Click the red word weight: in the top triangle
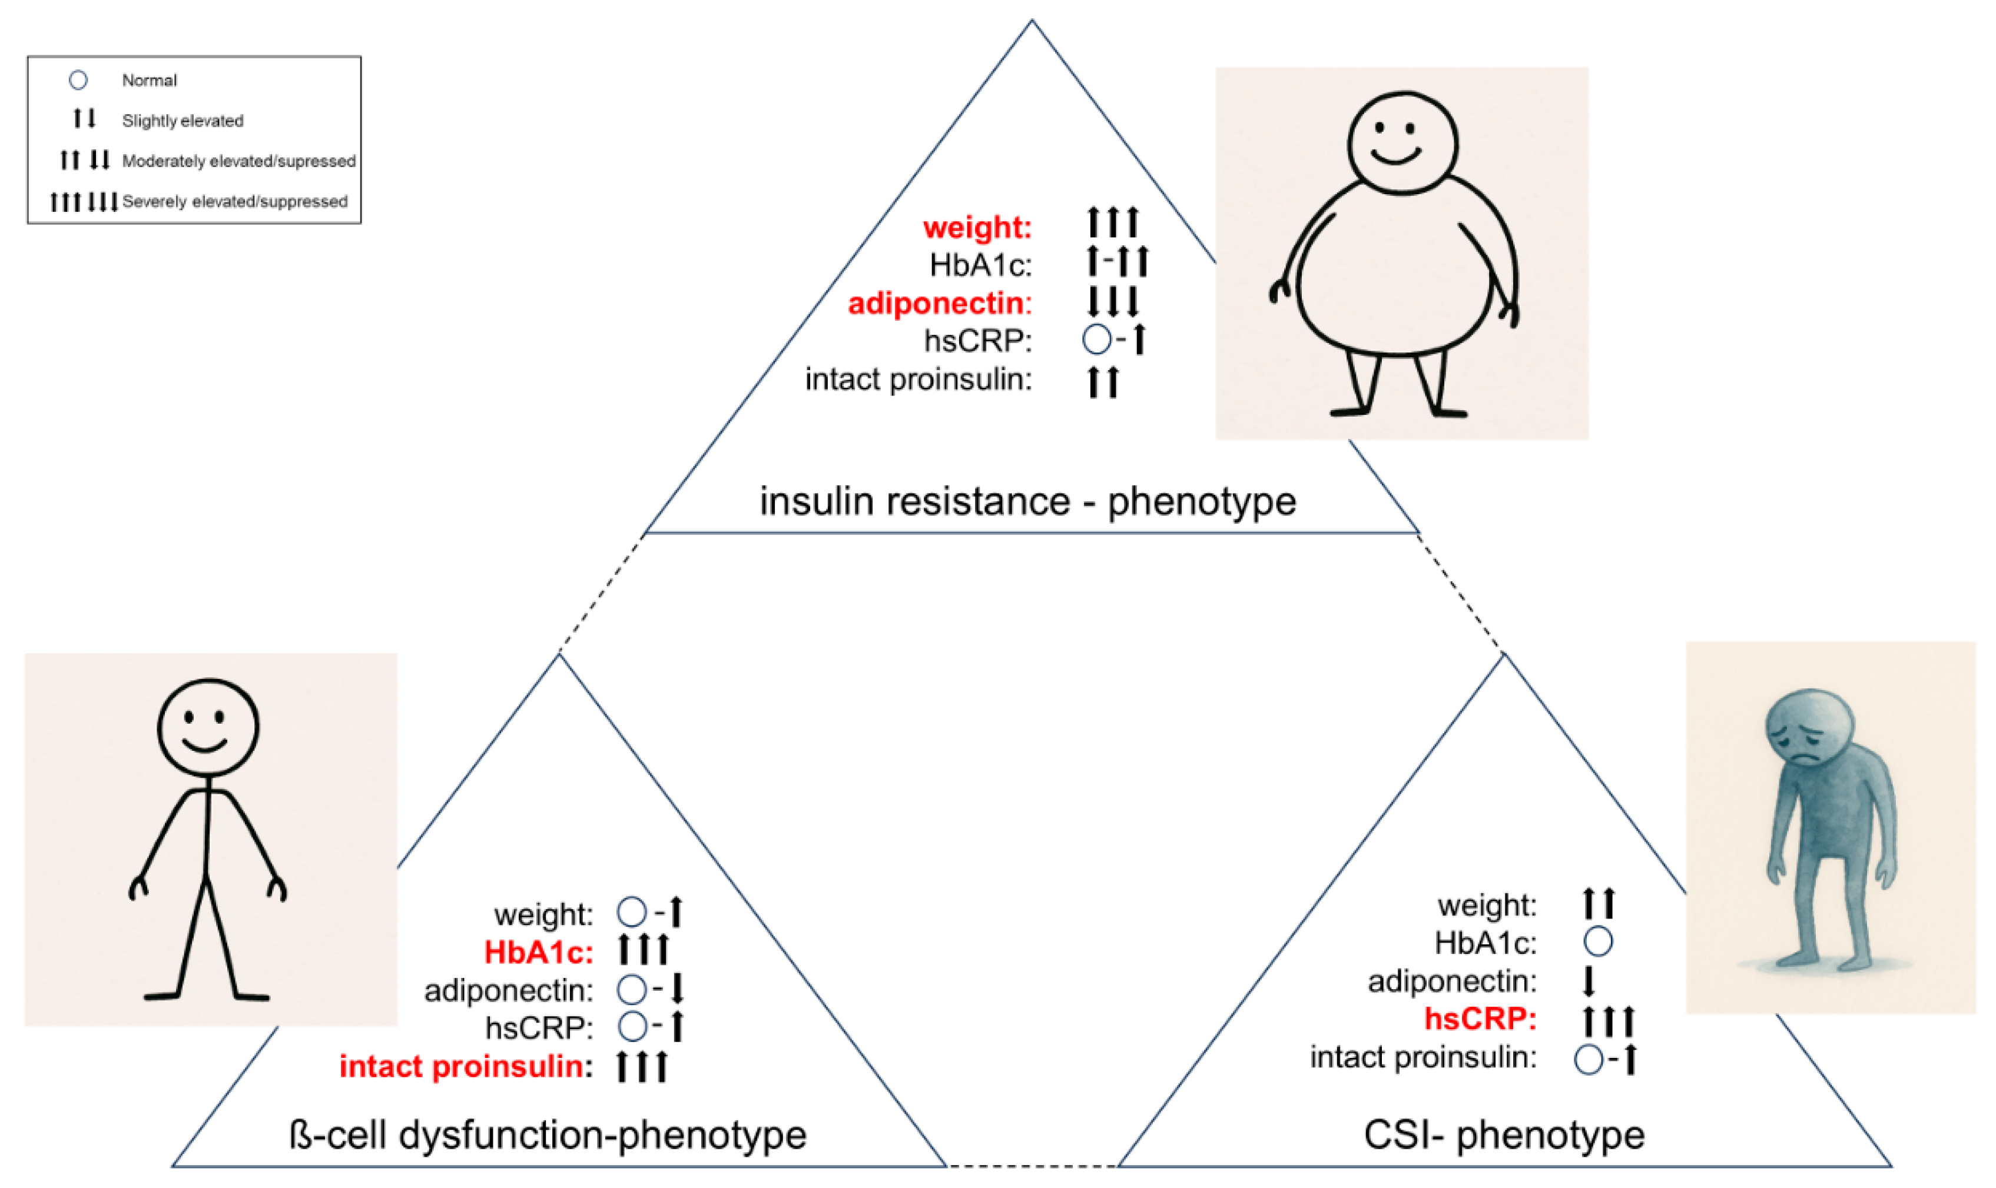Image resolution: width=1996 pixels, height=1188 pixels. pos(977,227)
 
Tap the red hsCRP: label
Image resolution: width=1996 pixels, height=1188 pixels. pos(1480,1019)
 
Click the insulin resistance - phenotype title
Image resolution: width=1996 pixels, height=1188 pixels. pos(1027,501)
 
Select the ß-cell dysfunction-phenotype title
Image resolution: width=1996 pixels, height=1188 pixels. pos(548,1134)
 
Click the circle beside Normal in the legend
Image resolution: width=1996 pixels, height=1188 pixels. pos(78,80)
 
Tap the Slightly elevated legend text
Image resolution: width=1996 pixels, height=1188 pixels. pos(183,121)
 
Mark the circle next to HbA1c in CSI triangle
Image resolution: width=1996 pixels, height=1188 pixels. pos(1598,941)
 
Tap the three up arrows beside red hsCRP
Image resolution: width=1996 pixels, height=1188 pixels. pos(1609,1021)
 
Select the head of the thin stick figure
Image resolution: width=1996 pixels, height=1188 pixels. pos(207,727)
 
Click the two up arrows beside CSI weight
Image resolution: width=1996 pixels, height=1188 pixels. pos(1599,903)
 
